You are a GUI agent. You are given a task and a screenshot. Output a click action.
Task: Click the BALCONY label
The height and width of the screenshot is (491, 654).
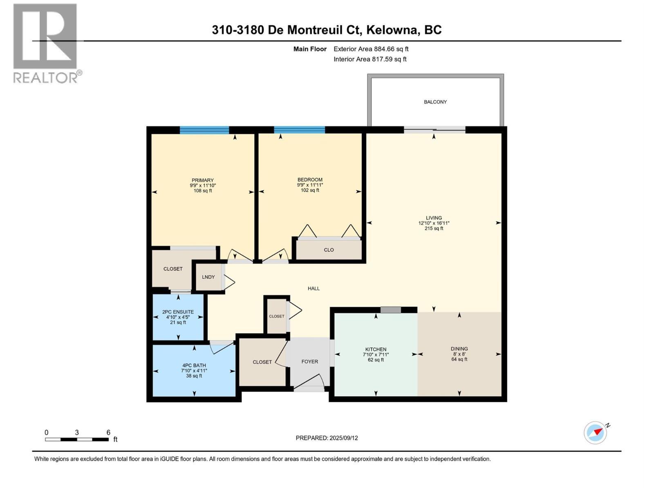pyautogui.click(x=435, y=102)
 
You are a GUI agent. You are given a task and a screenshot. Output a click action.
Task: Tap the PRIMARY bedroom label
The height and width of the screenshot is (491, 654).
pyautogui.click(x=202, y=180)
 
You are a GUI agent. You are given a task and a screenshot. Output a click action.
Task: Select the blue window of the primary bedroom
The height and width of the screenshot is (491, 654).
pyautogui.click(x=204, y=131)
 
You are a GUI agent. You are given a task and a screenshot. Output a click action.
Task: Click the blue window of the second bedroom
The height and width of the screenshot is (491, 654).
pyautogui.click(x=299, y=130)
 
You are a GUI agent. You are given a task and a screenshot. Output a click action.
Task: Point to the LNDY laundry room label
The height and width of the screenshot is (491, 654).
pyautogui.click(x=208, y=277)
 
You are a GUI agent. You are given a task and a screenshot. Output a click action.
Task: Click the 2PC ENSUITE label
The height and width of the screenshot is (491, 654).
pyautogui.click(x=178, y=312)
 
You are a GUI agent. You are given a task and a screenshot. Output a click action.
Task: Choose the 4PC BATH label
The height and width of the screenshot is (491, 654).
pyautogui.click(x=194, y=365)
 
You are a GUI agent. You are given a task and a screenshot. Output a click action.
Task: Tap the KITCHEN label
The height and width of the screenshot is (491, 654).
pyautogui.click(x=376, y=349)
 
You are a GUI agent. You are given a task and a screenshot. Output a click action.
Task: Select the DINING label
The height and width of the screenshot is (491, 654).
pyautogui.click(x=459, y=349)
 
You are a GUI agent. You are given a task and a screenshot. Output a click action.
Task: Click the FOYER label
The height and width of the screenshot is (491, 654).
pyautogui.click(x=309, y=362)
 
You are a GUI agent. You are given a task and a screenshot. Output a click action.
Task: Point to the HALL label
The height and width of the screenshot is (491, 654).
pyautogui.click(x=314, y=288)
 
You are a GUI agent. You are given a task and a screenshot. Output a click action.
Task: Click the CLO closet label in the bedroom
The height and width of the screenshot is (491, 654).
pyautogui.click(x=329, y=250)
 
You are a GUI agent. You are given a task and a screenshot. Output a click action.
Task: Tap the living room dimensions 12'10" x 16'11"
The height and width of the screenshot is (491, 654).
pyautogui.click(x=434, y=223)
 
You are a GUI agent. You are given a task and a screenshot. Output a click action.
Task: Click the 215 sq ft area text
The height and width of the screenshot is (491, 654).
pyautogui.click(x=434, y=229)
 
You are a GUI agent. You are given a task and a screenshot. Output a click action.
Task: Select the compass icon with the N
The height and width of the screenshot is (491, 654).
pyautogui.click(x=595, y=432)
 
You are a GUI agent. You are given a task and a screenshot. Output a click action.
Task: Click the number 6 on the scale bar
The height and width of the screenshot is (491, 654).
pyautogui.click(x=108, y=432)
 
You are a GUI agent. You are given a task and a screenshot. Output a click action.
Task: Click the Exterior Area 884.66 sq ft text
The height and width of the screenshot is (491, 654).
pyautogui.click(x=371, y=49)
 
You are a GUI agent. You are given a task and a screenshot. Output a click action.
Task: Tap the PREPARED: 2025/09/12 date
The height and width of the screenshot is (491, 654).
pyautogui.click(x=327, y=438)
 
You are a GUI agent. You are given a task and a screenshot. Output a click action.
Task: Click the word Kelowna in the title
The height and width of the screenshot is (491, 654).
pyautogui.click(x=392, y=30)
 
